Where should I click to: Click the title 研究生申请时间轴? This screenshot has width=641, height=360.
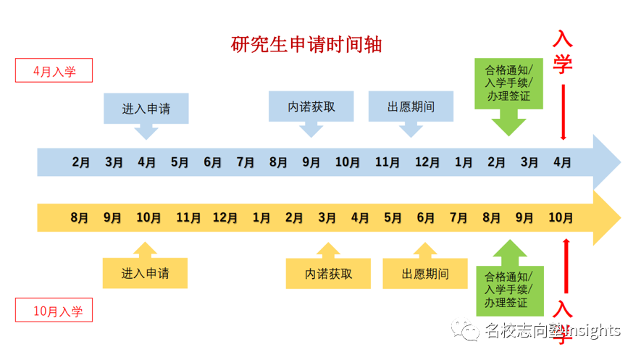click(306, 45)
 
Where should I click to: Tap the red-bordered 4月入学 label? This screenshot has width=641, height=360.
click(54, 71)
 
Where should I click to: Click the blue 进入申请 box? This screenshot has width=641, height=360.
click(146, 109)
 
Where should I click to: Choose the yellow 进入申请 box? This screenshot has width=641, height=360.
click(146, 274)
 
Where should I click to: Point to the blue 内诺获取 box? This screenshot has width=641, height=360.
click(311, 107)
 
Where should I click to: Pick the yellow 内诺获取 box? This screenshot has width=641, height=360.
click(329, 274)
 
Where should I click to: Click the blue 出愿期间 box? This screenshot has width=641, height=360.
click(411, 107)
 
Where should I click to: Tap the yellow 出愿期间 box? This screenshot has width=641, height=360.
click(425, 274)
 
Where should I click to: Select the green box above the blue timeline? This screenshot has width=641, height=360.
click(508, 83)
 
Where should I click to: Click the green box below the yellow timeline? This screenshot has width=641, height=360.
click(508, 289)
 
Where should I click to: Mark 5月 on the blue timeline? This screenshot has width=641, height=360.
click(180, 162)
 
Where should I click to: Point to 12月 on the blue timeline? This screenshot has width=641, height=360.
click(426, 162)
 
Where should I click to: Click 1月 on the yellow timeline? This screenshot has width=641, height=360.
click(261, 217)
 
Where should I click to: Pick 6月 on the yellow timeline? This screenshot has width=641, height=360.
click(426, 217)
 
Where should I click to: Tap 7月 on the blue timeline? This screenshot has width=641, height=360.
click(246, 162)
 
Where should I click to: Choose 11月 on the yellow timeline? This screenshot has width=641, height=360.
click(188, 217)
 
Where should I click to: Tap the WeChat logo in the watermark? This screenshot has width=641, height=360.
click(466, 331)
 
